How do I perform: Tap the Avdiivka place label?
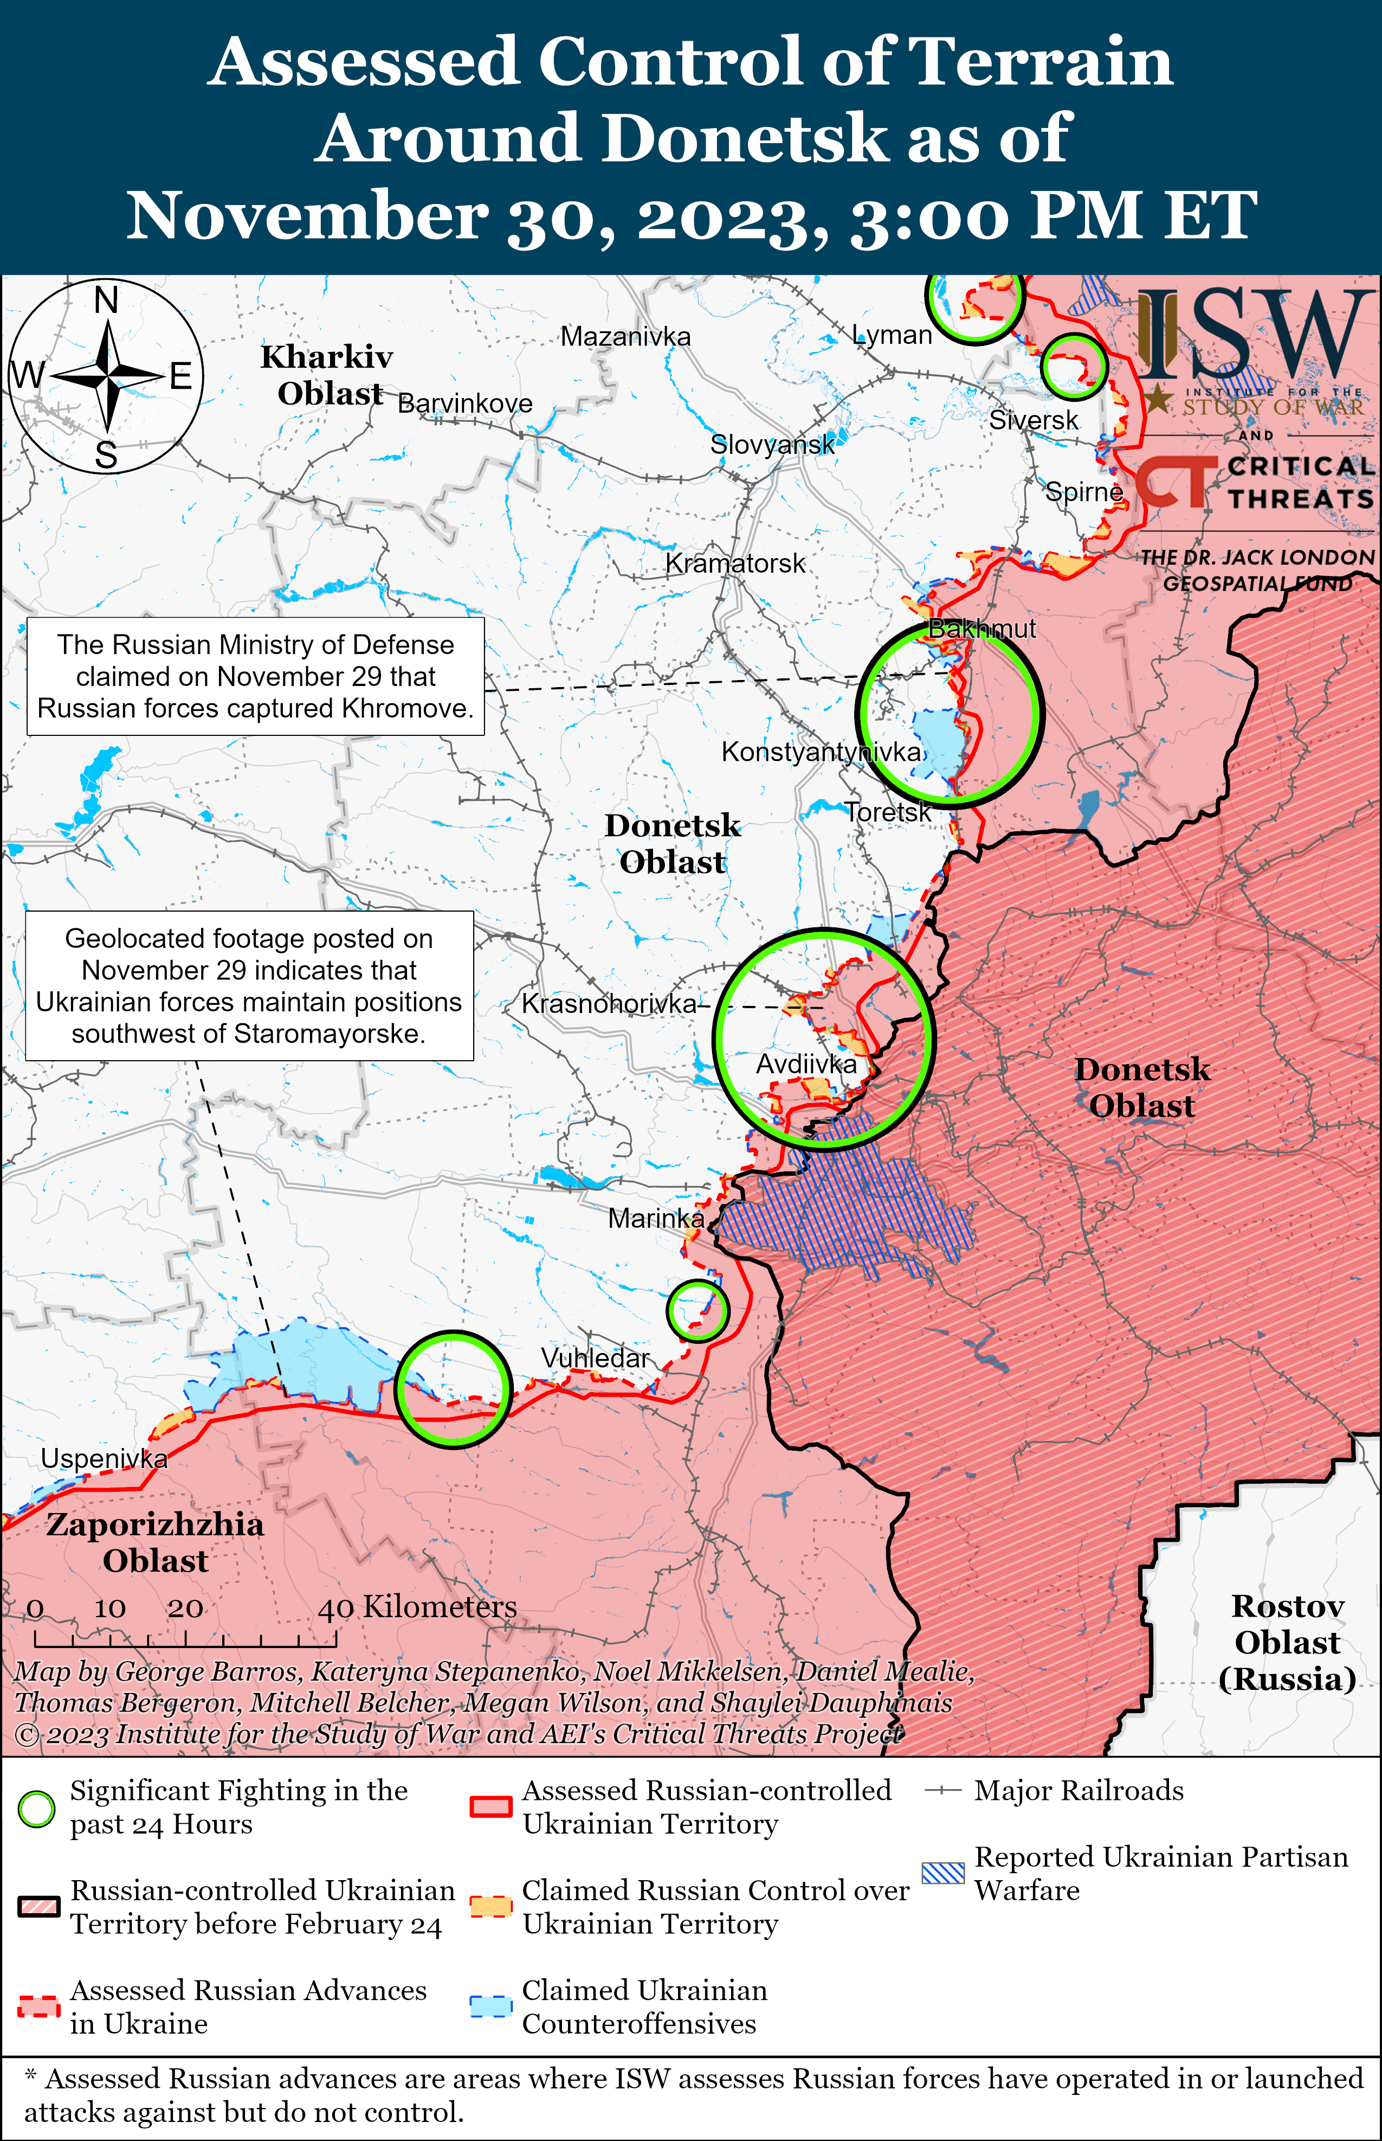click(806, 1064)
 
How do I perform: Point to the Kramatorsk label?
click(735, 563)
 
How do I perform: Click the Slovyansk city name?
click(772, 444)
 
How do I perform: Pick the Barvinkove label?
click(465, 403)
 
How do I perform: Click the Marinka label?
click(656, 1218)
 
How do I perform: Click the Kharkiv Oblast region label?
click(327, 374)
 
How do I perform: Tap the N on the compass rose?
click(106, 300)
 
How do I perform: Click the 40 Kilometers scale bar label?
click(417, 1606)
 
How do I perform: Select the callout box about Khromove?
click(256, 676)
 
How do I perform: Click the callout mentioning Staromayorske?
click(249, 986)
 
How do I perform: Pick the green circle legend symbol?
click(37, 1809)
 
